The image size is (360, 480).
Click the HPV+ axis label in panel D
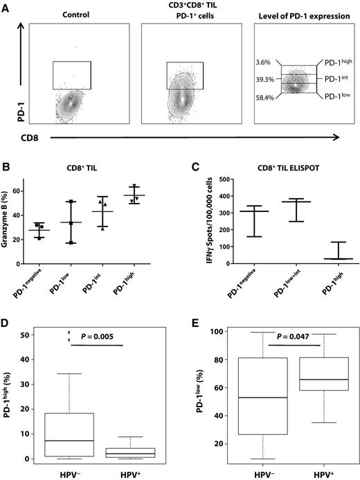pos(147,472)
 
